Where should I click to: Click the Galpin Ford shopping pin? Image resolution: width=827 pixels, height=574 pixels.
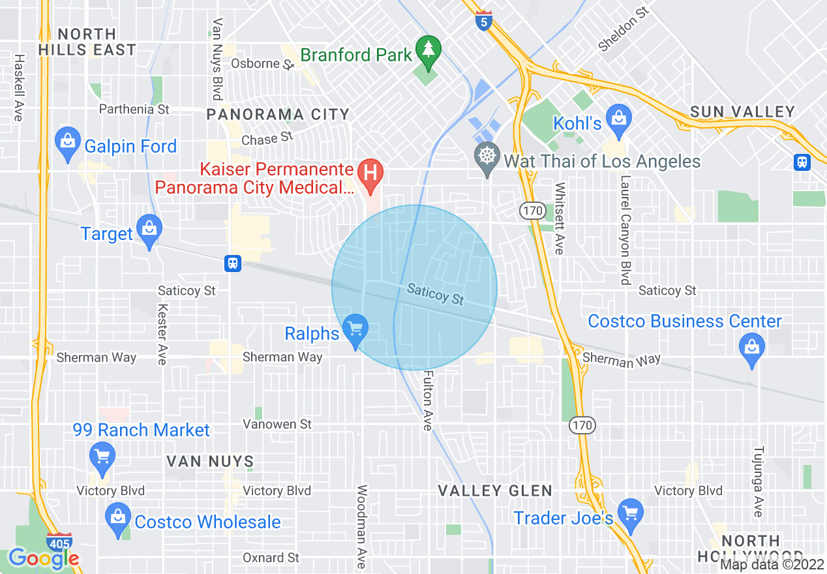pos(67,142)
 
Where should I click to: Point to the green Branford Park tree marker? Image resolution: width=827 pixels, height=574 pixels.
pos(428,51)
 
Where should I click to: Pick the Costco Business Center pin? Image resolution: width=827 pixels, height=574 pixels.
pos(752,348)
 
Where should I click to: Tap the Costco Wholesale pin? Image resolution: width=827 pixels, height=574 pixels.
pos(117,519)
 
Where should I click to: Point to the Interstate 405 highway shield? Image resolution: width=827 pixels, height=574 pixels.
pos(59,543)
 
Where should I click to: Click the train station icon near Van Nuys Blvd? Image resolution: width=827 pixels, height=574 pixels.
pos(232,263)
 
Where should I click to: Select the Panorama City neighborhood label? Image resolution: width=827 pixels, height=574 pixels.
pos(278,115)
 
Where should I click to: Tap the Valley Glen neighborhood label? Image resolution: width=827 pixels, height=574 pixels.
pos(495,491)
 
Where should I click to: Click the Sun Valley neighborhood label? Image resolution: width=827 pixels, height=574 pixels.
pos(742,112)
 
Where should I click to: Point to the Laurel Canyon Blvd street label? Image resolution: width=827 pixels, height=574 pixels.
pos(625,230)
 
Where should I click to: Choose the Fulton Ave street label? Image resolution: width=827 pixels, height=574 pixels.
pos(428,400)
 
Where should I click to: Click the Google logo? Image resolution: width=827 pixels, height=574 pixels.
pos(44,558)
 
